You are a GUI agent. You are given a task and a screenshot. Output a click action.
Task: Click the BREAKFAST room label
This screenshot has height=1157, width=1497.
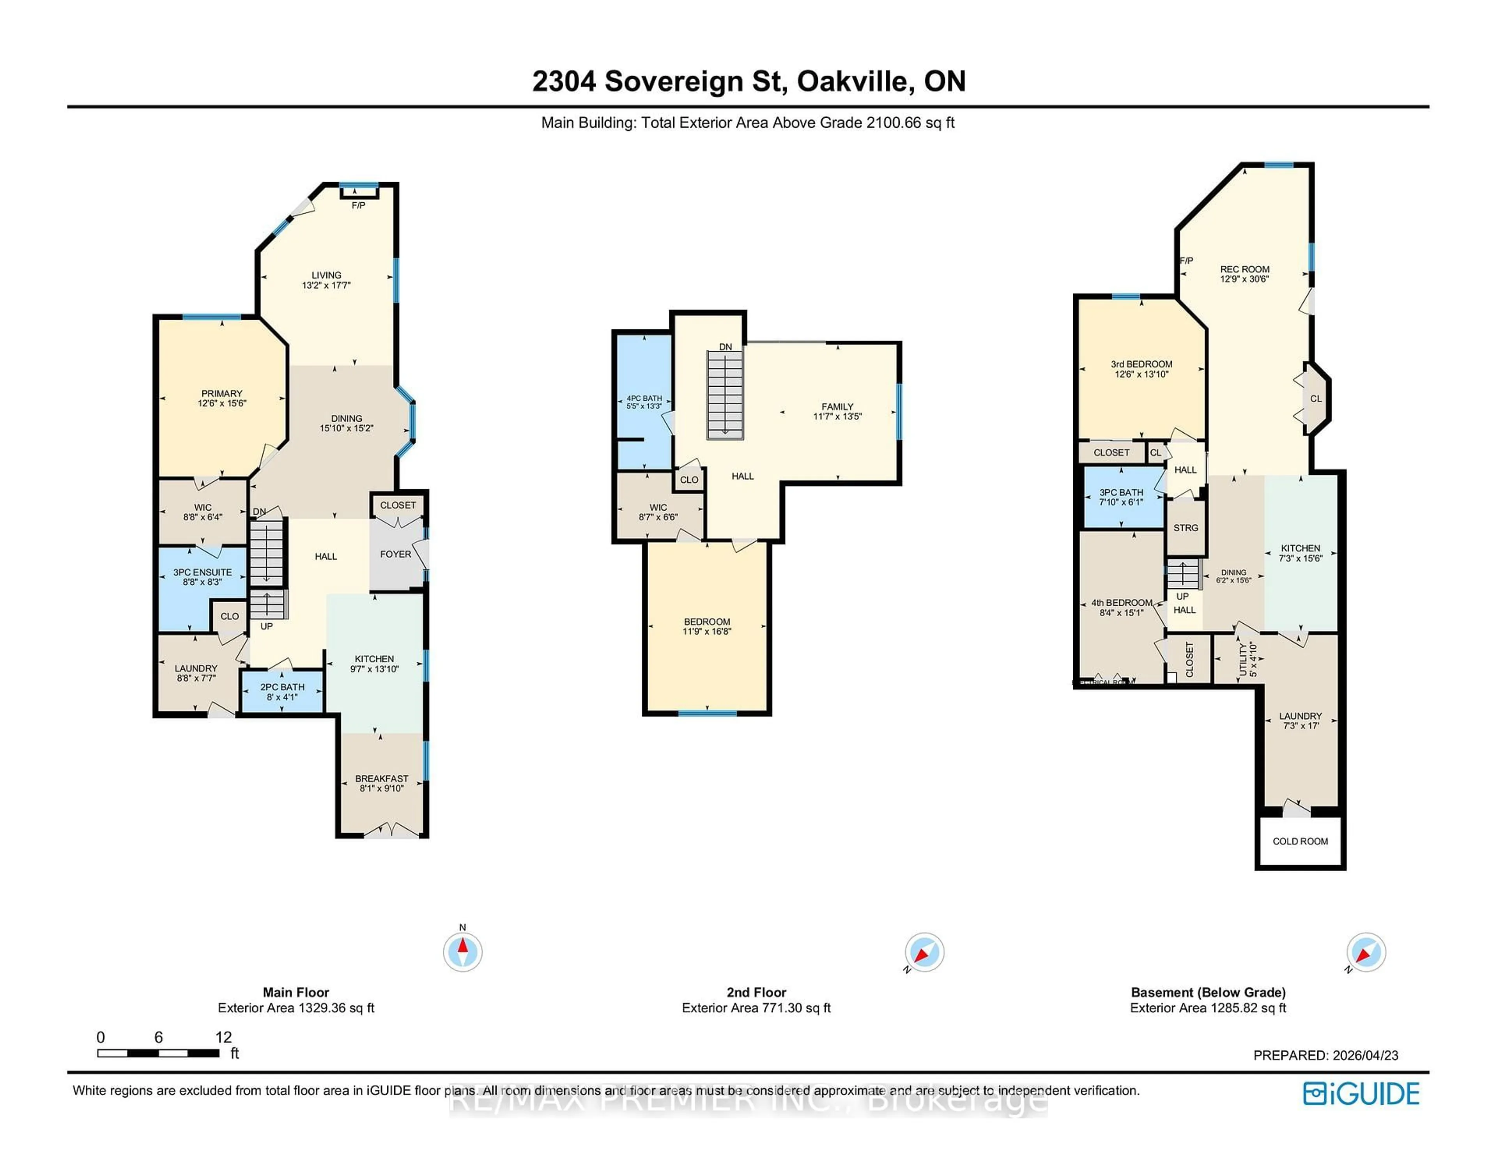pos(381,778)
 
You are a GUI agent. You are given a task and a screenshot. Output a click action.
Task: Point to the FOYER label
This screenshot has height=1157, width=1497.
pos(396,554)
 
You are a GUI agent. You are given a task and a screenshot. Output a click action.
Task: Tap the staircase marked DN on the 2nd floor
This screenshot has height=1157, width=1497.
pos(725,394)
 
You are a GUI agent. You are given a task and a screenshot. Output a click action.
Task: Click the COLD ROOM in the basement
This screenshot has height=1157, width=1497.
pos(1300,841)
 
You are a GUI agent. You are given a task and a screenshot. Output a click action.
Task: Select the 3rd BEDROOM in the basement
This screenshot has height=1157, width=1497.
pos(1141,369)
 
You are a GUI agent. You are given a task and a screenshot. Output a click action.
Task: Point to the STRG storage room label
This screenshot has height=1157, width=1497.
pos(1185,528)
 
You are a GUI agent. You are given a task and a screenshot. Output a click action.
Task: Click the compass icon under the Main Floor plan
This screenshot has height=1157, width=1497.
pos(463,952)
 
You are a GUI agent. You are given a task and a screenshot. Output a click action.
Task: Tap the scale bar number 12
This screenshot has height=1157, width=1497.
pos(223,1037)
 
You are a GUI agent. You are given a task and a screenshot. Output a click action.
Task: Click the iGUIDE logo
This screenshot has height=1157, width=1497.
pos(1361,1093)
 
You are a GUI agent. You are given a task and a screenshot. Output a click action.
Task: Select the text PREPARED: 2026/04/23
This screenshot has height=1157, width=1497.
pos(1325,1056)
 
